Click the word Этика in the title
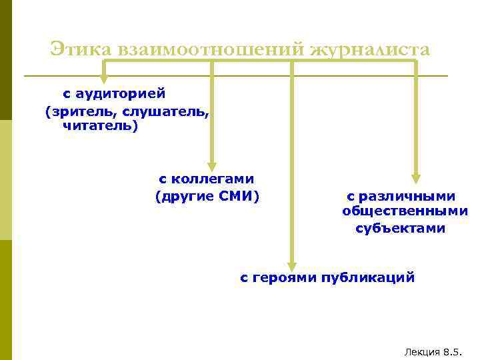coord(81,49)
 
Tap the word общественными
coord(405,212)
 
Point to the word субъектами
coord(400,229)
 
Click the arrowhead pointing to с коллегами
coord(212,167)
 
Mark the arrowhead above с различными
coord(416,178)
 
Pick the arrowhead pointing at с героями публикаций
coord(291,264)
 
